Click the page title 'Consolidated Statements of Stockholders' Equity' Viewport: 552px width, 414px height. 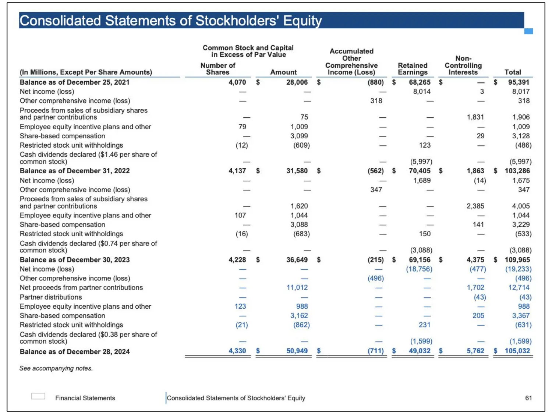click(170, 21)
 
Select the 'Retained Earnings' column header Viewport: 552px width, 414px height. click(413, 69)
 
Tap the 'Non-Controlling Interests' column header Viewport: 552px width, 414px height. click(463, 66)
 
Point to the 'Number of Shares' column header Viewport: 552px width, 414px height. click(217, 69)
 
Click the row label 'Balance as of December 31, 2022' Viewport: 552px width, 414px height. click(75, 171)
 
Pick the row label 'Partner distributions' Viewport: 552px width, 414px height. click(51, 297)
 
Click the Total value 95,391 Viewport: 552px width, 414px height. click(519, 82)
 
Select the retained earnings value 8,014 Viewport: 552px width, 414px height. click(421, 91)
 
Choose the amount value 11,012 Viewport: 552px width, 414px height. click(297, 287)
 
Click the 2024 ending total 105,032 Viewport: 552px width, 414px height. click(517, 351)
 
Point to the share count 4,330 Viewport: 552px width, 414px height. click(237, 351)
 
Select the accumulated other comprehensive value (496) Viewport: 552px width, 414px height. click(375, 278)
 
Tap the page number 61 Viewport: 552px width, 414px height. click(528, 398)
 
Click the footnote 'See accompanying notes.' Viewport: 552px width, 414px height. click(56, 368)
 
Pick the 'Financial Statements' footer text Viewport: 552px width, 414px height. click(85, 398)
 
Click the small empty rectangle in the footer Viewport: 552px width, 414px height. click(38, 396)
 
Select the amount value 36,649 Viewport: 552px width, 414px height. click(297, 260)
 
